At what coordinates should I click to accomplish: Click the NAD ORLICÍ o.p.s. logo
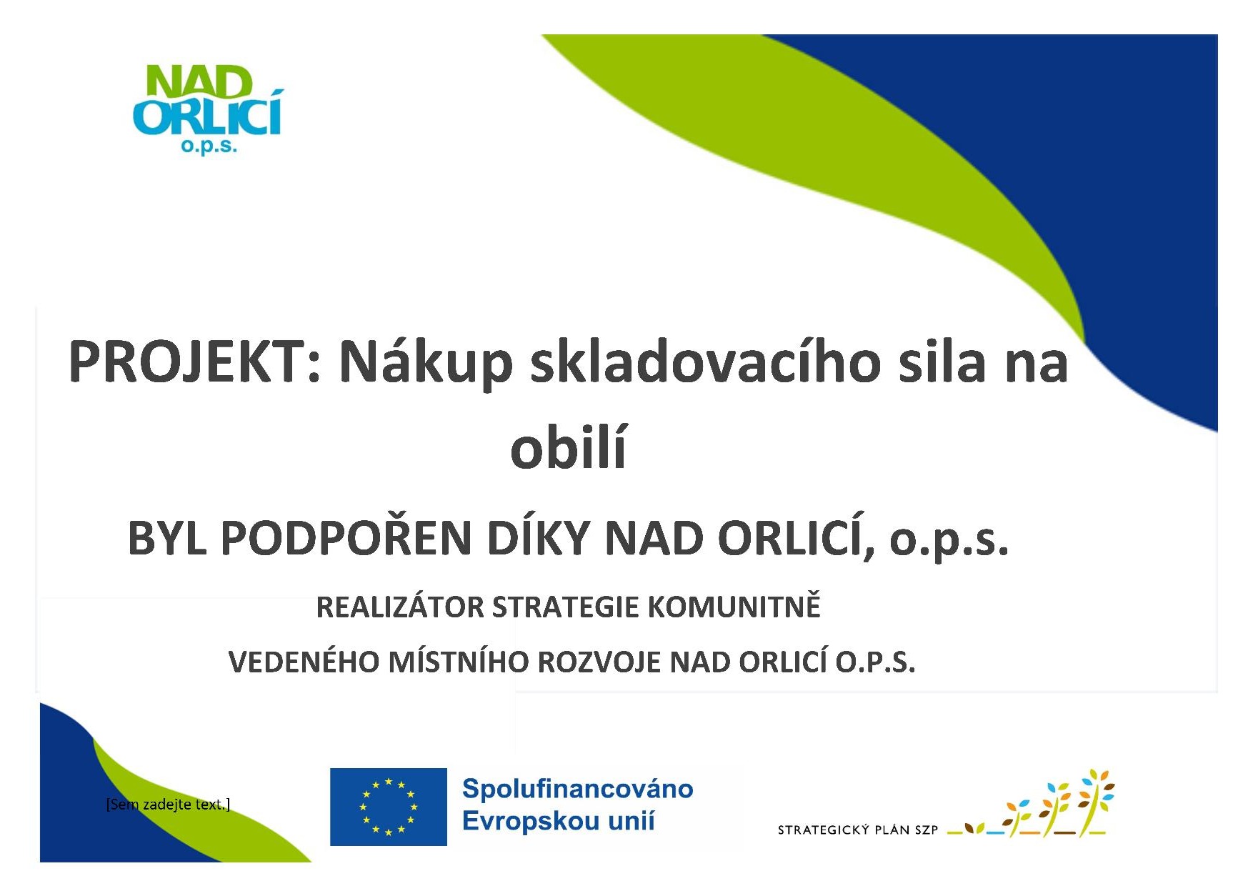click(208, 109)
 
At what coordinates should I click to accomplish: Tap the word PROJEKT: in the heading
click(195, 362)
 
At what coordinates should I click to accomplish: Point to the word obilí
click(569, 447)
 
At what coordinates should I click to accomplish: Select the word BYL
click(167, 538)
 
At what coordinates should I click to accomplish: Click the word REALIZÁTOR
click(400, 607)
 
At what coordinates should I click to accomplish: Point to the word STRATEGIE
click(566, 607)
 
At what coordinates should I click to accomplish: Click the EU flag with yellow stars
click(389, 807)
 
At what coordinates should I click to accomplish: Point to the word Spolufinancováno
click(577, 789)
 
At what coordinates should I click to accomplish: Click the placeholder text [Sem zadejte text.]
click(168, 805)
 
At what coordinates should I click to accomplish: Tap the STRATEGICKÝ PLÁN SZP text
click(857, 830)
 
